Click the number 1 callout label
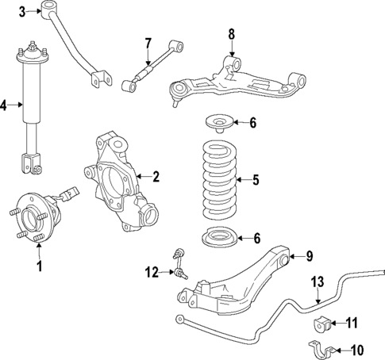pos(38,266)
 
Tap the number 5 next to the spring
pos(255,180)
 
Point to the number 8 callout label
pos(231,34)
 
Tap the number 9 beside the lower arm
pos(310,256)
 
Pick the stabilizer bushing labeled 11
pos(322,324)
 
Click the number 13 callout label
pos(317,281)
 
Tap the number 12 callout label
pos(152,274)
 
